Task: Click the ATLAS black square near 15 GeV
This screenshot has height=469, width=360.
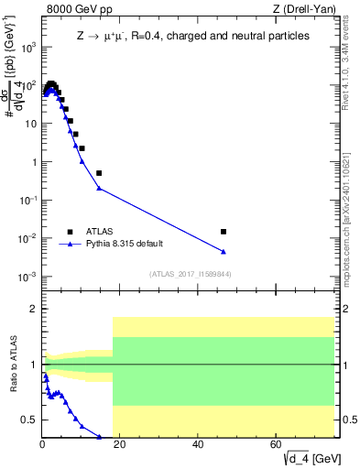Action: tap(99, 172)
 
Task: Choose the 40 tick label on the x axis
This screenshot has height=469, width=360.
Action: tap(199, 446)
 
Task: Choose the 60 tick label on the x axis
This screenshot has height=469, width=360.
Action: tap(277, 446)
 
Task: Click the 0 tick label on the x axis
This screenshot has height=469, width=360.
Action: tap(42, 446)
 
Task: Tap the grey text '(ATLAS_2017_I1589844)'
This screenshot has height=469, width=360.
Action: tap(189, 273)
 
